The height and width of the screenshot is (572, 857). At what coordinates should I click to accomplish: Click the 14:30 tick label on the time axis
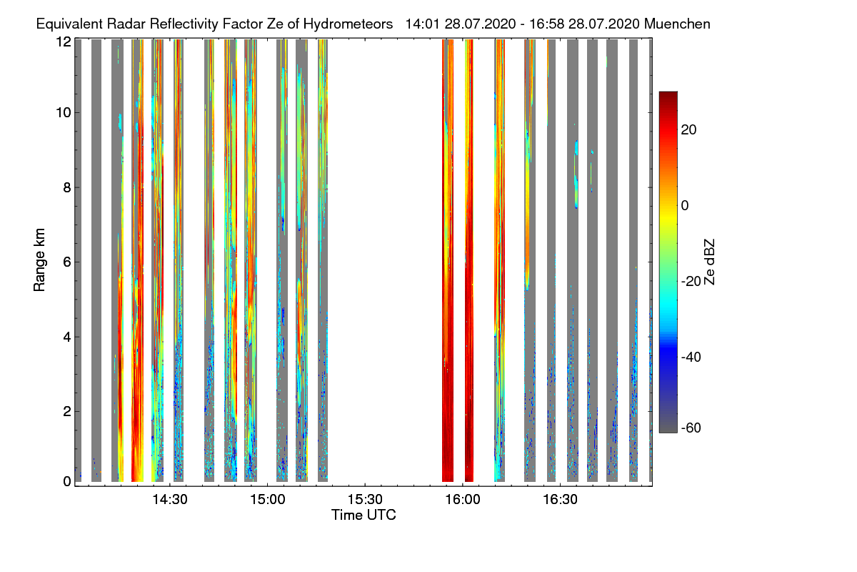170,500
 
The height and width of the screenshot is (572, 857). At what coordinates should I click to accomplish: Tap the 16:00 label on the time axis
463,500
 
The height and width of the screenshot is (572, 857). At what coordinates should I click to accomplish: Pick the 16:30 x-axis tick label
561,500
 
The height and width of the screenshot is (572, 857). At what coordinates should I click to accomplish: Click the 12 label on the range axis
63,41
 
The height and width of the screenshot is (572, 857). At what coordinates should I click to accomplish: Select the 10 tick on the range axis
63,113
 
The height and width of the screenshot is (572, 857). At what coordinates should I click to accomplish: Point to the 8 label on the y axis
67,188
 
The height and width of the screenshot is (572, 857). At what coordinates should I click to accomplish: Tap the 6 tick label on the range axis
67,262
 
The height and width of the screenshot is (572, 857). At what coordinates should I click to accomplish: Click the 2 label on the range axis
67,411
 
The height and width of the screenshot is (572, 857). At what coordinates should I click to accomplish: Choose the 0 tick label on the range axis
67,481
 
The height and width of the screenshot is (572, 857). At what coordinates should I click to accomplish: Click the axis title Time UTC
364,515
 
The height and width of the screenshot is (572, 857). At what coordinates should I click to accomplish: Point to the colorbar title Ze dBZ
709,262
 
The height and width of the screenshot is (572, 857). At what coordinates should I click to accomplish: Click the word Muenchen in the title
676,24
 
